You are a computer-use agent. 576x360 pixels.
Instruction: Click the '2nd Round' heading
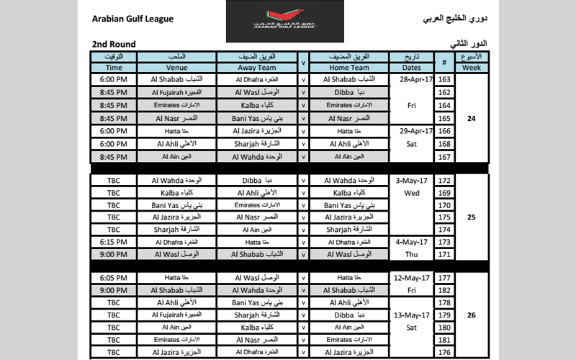(x=116, y=45)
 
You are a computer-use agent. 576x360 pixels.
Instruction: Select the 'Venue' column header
(x=181, y=68)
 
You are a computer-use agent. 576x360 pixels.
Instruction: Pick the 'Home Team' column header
(x=349, y=68)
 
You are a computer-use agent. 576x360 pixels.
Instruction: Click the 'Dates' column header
(x=410, y=68)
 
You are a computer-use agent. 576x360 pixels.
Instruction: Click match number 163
(x=444, y=80)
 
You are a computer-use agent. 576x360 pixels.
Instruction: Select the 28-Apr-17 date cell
(x=410, y=80)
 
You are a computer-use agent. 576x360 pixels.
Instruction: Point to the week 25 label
(x=472, y=217)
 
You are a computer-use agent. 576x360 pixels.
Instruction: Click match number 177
(x=444, y=278)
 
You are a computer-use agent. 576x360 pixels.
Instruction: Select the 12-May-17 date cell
(x=410, y=278)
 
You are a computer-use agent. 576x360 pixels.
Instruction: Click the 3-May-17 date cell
(x=410, y=180)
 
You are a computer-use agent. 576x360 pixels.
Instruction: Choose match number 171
(x=444, y=254)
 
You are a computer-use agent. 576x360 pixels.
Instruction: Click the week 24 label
(x=472, y=117)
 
